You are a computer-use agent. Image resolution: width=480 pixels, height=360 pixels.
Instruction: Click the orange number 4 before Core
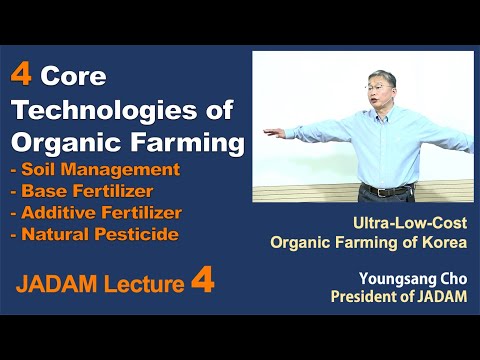pos(20,75)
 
